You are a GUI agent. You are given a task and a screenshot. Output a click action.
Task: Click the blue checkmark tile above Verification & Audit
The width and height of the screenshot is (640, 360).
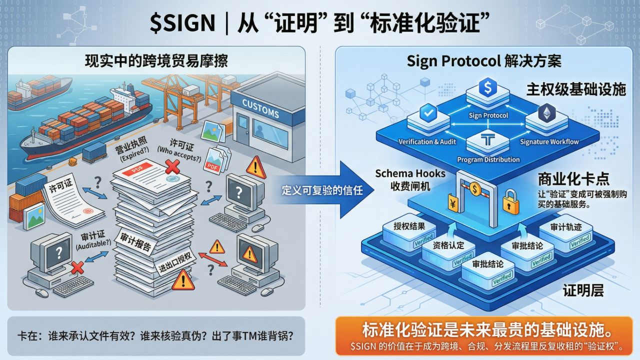[426, 113]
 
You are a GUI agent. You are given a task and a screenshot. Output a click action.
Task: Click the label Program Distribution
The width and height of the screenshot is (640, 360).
[488, 159]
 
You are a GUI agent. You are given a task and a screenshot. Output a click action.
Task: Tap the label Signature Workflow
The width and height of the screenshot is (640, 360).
[549, 141]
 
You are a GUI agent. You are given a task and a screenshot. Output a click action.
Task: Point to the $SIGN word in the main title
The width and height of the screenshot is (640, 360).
[181, 23]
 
